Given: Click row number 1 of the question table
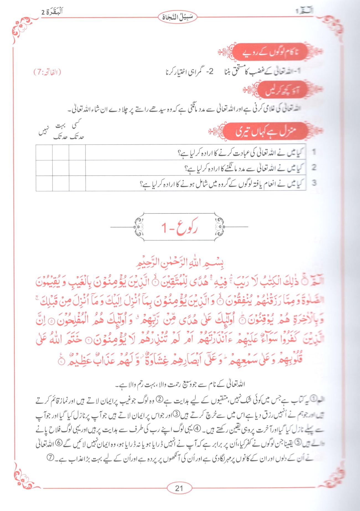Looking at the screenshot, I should coord(314,152).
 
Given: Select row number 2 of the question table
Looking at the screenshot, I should coord(314,168).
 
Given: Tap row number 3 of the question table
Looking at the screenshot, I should coord(314,183).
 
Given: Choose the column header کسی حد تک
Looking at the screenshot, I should coord(77,131).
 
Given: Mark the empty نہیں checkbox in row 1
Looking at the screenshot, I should coord(44,152).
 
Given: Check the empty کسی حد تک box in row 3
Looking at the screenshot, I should coord(77,183).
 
